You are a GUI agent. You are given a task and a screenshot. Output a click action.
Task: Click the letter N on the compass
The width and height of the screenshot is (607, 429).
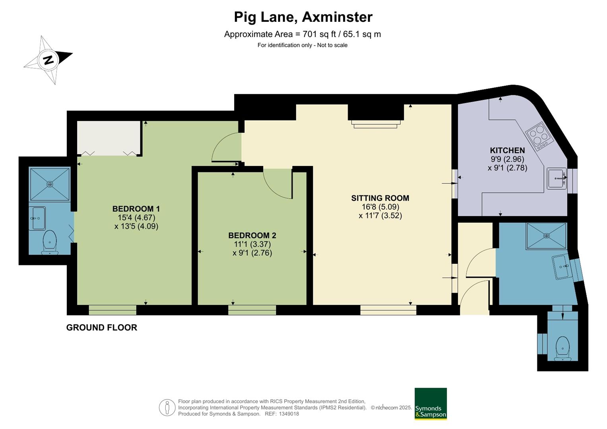pyautogui.click(x=48, y=60)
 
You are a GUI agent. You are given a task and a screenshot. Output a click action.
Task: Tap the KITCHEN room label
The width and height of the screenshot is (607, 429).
pyautogui.click(x=507, y=150)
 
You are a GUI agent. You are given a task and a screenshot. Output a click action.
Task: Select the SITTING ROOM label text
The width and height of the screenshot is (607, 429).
pyautogui.click(x=380, y=198)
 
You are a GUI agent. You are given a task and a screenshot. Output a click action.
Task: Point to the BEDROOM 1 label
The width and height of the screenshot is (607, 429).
pyautogui.click(x=136, y=209)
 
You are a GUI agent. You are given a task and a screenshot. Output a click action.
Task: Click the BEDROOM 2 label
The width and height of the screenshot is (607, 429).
pyautogui.click(x=252, y=235)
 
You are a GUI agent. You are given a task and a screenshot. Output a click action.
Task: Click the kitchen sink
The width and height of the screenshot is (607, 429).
pyautogui.click(x=557, y=178)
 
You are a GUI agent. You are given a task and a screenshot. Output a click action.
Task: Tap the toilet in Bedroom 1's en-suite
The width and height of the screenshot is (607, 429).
pyautogui.click(x=50, y=242)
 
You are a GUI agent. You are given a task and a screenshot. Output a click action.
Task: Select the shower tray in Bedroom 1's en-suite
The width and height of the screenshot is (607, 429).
pyautogui.click(x=50, y=184)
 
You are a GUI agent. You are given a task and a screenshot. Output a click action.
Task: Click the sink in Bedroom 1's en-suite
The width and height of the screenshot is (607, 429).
pyautogui.click(x=37, y=218)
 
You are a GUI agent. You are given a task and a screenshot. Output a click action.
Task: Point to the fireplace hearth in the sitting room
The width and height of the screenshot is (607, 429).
pyautogui.click(x=376, y=124)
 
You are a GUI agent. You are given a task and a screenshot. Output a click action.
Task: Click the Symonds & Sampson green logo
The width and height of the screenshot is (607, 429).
pyautogui.click(x=431, y=404)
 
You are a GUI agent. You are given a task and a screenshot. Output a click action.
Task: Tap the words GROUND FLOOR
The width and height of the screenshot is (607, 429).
pyautogui.click(x=102, y=327)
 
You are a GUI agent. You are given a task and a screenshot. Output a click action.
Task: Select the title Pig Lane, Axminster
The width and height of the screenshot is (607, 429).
pyautogui.click(x=303, y=17)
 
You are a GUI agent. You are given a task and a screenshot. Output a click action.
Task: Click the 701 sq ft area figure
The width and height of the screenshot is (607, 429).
pyautogui.click(x=319, y=34)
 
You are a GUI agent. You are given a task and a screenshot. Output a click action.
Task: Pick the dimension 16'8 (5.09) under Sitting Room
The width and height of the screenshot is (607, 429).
pyautogui.click(x=380, y=207)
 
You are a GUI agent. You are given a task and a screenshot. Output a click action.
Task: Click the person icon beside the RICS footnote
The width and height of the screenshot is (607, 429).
pyautogui.click(x=167, y=407)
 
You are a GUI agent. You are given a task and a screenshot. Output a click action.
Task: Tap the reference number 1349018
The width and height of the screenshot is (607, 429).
pyautogui.click(x=289, y=414)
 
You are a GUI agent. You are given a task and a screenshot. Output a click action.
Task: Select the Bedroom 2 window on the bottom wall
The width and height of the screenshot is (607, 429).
pyautogui.click(x=252, y=310)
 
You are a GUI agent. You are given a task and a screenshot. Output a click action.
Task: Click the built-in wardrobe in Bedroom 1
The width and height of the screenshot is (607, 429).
pyautogui.click(x=109, y=138)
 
